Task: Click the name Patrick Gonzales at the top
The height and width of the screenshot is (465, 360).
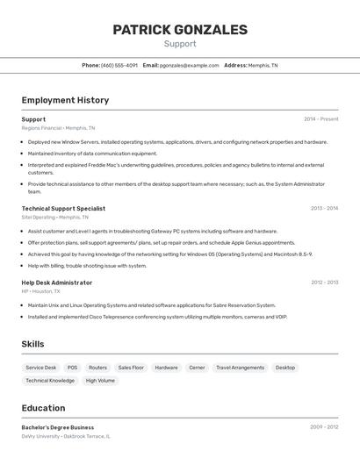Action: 180,30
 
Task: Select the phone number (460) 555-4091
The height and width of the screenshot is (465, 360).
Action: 119,65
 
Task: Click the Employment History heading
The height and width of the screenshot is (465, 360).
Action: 65,100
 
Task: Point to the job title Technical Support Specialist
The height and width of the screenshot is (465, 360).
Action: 63,208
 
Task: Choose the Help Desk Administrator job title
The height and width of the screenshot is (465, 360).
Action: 56,283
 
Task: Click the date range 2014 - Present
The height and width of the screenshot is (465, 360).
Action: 320,118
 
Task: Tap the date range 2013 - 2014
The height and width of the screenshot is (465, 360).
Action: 324,208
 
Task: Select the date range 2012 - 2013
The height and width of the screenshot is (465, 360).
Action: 324,283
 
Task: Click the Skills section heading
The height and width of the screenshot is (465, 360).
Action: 32,344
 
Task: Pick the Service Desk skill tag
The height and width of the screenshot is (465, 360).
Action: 40,368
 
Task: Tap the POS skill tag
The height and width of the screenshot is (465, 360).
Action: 72,368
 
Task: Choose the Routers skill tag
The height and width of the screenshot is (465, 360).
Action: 97,368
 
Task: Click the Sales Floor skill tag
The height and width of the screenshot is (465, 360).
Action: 131,368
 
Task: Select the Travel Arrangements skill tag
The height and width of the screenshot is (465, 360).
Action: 240,368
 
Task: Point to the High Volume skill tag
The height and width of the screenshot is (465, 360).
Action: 100,381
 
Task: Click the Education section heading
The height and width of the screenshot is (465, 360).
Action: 43,408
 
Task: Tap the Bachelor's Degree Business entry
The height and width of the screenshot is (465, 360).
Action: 58,427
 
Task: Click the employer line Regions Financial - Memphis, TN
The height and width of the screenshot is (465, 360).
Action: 58,128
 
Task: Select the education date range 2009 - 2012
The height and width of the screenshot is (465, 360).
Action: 324,427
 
